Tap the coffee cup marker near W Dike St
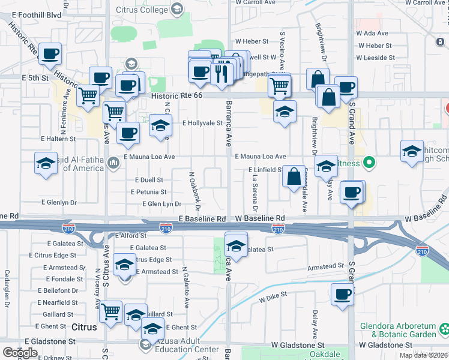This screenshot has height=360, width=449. click(x=343, y=295)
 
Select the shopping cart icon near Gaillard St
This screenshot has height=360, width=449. click(x=111, y=311)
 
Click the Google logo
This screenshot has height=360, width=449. click(x=19, y=352)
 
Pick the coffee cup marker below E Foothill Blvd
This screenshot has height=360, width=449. click(x=50, y=54)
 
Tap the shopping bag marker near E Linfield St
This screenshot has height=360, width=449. click(x=294, y=176)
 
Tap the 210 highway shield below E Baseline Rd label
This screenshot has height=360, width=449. click(x=167, y=228)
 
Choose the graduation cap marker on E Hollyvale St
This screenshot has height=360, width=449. click(x=160, y=125)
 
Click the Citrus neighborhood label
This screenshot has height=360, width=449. click(x=83, y=328)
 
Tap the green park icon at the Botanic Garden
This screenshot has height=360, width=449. click(x=444, y=329)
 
